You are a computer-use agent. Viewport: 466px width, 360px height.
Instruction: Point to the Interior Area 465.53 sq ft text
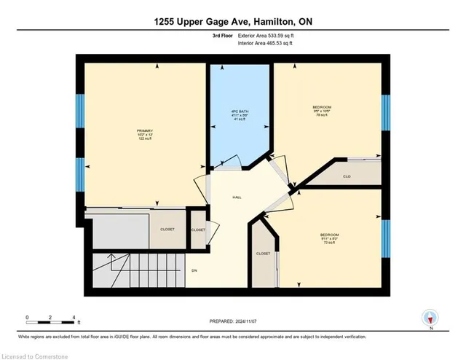pyautogui.click(x=265, y=44)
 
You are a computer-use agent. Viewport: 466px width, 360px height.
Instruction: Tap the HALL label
pyautogui.click(x=237, y=197)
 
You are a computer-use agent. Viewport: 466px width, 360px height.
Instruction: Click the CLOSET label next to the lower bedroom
pyautogui.click(x=263, y=254)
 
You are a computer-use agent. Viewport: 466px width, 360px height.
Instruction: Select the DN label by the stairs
pyautogui.click(x=194, y=270)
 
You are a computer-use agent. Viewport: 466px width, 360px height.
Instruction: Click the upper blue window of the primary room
pyautogui.click(x=80, y=109)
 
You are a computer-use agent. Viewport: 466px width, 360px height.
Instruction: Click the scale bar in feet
pyautogui.click(x=51, y=319)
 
